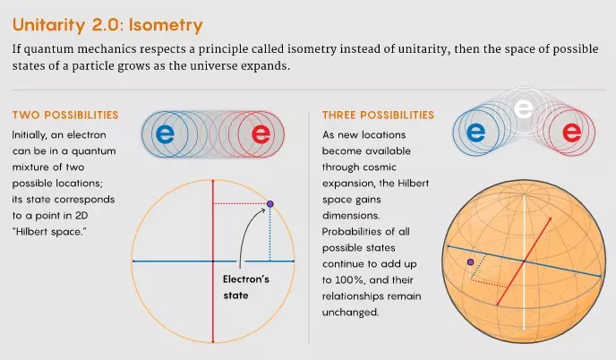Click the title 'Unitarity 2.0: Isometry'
pyautogui.click(x=107, y=25)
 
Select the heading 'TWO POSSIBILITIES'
pyautogui.click(x=65, y=115)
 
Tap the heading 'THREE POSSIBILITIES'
pyautogui.click(x=379, y=115)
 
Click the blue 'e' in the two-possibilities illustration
pyautogui.click(x=165, y=134)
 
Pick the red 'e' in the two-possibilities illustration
pyautogui.click(x=261, y=134)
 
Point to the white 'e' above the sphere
pyautogui.click(x=524, y=108)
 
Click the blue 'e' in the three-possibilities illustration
pyautogui.click(x=475, y=133)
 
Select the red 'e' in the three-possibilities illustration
pyautogui.click(x=571, y=133)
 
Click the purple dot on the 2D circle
pyautogui.click(x=269, y=204)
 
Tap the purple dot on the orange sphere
pyautogui.click(x=470, y=261)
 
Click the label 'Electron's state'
pyautogui.click(x=246, y=287)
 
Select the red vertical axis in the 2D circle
pyautogui.click(x=213, y=261)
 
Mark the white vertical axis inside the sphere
pyautogui.click(x=524, y=261)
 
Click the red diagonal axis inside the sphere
pyautogui.click(x=524, y=261)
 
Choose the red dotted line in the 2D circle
pyautogui.click(x=241, y=203)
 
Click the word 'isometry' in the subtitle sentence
pyautogui.click(x=312, y=49)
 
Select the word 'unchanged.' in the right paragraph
pyautogui.click(x=350, y=313)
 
